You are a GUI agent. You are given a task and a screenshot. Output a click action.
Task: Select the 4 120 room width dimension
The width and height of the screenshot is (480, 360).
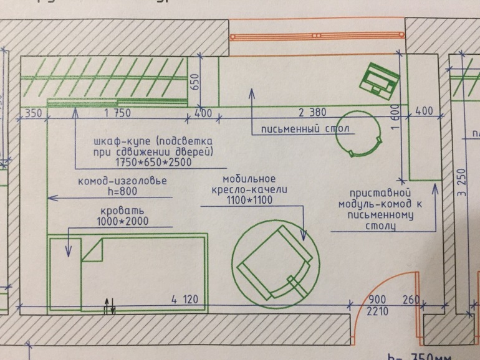point(185,300)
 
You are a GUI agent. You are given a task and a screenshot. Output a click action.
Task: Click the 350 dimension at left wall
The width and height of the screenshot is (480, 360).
point(33,113)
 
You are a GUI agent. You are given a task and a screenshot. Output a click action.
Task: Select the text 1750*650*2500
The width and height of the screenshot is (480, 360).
point(153,162)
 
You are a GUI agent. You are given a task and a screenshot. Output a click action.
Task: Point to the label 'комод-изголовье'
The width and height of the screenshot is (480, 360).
point(122,181)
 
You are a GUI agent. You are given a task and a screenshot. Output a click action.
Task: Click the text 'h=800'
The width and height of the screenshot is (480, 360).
point(122,192)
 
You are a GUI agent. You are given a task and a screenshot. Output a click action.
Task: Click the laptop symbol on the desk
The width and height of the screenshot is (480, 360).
point(381,80)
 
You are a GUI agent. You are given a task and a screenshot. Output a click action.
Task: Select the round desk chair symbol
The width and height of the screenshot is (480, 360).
point(358,133)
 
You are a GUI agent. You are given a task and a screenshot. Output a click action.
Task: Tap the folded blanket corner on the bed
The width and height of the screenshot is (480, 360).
point(91,251)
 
